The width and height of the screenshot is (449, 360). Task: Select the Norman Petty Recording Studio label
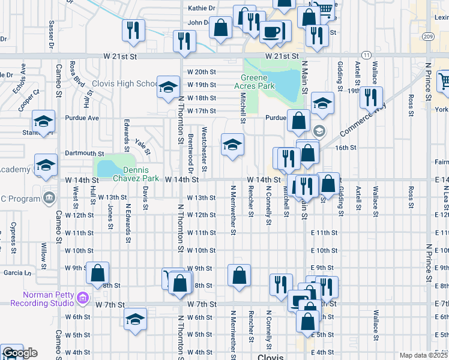click(x=49, y=298)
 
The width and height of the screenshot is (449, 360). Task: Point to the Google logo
click(x=19, y=353)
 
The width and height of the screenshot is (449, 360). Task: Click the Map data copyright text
click(x=423, y=355)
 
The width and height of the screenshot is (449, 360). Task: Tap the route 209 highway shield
click(x=427, y=37)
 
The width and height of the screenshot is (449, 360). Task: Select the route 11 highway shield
click(x=367, y=55)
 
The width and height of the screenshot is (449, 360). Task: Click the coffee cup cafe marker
click(x=272, y=31)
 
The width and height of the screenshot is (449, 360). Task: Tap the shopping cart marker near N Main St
click(x=324, y=10)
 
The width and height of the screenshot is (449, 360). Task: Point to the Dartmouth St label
click(x=85, y=153)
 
